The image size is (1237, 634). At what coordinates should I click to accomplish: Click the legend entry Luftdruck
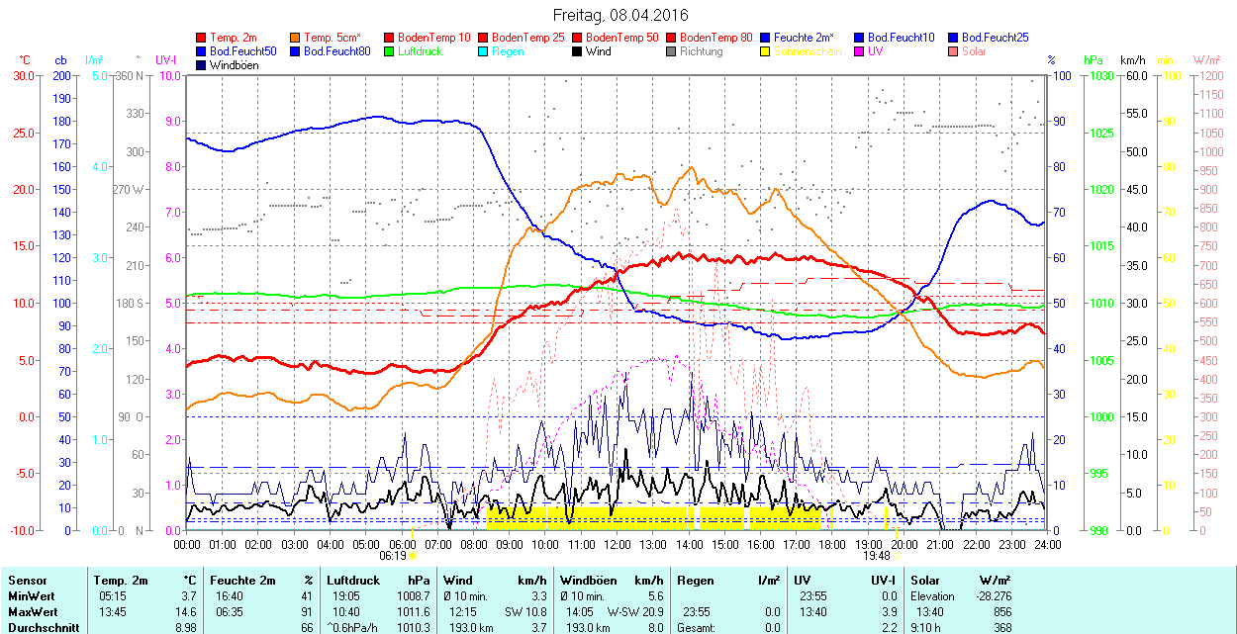click(420, 51)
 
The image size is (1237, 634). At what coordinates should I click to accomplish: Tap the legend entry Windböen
click(234, 65)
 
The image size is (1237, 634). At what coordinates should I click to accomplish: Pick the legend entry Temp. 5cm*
click(333, 38)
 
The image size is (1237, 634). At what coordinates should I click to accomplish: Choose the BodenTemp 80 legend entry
click(716, 38)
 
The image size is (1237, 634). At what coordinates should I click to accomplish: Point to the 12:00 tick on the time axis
click(618, 543)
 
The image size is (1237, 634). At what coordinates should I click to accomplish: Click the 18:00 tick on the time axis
click(832, 543)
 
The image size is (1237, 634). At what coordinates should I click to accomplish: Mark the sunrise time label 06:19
click(393, 555)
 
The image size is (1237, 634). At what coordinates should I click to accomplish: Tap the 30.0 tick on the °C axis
click(22, 75)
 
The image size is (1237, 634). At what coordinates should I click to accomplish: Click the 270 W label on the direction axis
click(129, 189)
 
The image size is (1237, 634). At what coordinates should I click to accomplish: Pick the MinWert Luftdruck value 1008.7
click(412, 596)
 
